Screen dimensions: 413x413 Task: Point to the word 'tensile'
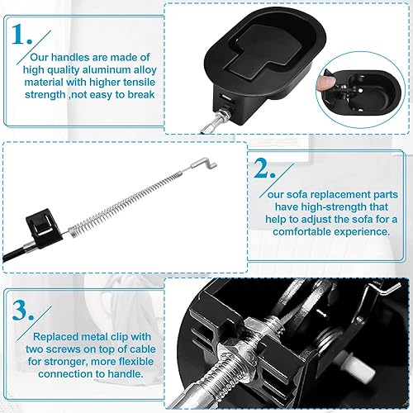pyautogui.click(x=136, y=82)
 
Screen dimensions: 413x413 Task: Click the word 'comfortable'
pyautogui.click(x=304, y=231)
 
